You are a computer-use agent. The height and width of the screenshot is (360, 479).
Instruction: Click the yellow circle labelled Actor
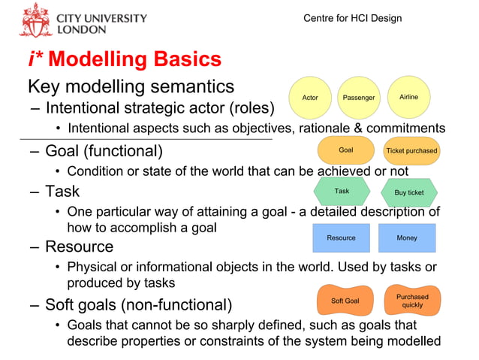[x=309, y=98]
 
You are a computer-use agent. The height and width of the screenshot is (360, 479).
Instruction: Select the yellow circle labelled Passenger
[x=358, y=98]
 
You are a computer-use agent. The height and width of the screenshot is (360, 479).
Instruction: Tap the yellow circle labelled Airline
[x=408, y=98]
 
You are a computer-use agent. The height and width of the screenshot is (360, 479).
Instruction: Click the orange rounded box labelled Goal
[x=345, y=150]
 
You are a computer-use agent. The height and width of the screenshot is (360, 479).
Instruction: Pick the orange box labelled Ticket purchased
[x=411, y=151]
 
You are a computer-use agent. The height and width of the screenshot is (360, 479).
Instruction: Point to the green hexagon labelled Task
[x=342, y=192]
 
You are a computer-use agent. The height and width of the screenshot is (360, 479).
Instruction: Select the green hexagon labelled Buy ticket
[x=409, y=192]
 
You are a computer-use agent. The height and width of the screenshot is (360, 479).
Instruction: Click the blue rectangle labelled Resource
[x=341, y=237]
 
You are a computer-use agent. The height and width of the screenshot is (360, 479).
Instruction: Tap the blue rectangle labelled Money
[x=407, y=237]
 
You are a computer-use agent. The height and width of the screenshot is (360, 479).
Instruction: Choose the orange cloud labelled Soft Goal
[x=345, y=301]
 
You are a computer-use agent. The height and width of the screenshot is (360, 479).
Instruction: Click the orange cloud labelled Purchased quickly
[x=411, y=301]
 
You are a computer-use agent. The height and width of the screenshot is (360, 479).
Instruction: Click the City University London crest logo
[x=35, y=20]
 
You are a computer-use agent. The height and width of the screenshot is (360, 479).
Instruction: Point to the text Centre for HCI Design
[x=352, y=18]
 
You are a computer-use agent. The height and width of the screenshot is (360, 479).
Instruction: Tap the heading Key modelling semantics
[x=131, y=86]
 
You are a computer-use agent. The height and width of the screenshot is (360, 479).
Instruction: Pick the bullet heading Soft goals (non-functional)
[x=138, y=305]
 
